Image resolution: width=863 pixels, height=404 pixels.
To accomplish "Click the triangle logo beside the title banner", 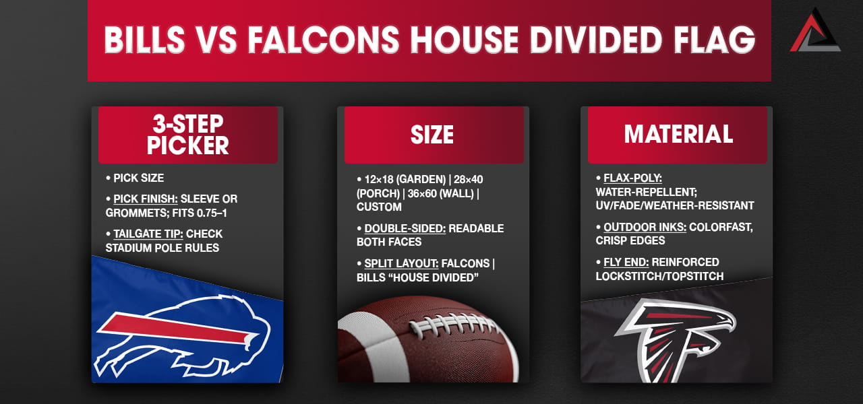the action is [x=815, y=32].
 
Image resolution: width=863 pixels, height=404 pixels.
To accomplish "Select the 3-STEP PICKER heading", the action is [x=188, y=134].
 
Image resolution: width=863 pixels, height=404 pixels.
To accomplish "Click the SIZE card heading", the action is [x=432, y=135].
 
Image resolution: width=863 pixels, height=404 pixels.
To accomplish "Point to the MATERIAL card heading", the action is [x=678, y=134].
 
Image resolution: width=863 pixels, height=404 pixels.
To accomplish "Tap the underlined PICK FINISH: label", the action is [x=146, y=199].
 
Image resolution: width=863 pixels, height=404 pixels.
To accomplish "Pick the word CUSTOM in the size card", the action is [x=379, y=207].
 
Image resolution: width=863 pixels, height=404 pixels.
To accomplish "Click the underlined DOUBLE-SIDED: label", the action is [x=405, y=228].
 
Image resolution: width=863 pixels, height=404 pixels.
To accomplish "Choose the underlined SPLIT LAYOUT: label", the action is [x=401, y=263].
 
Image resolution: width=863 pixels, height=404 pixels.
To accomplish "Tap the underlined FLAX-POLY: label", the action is [x=632, y=178].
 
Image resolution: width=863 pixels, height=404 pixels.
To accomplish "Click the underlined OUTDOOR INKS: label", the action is [x=645, y=228].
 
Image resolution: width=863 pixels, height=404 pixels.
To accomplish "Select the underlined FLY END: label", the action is [x=626, y=263].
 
